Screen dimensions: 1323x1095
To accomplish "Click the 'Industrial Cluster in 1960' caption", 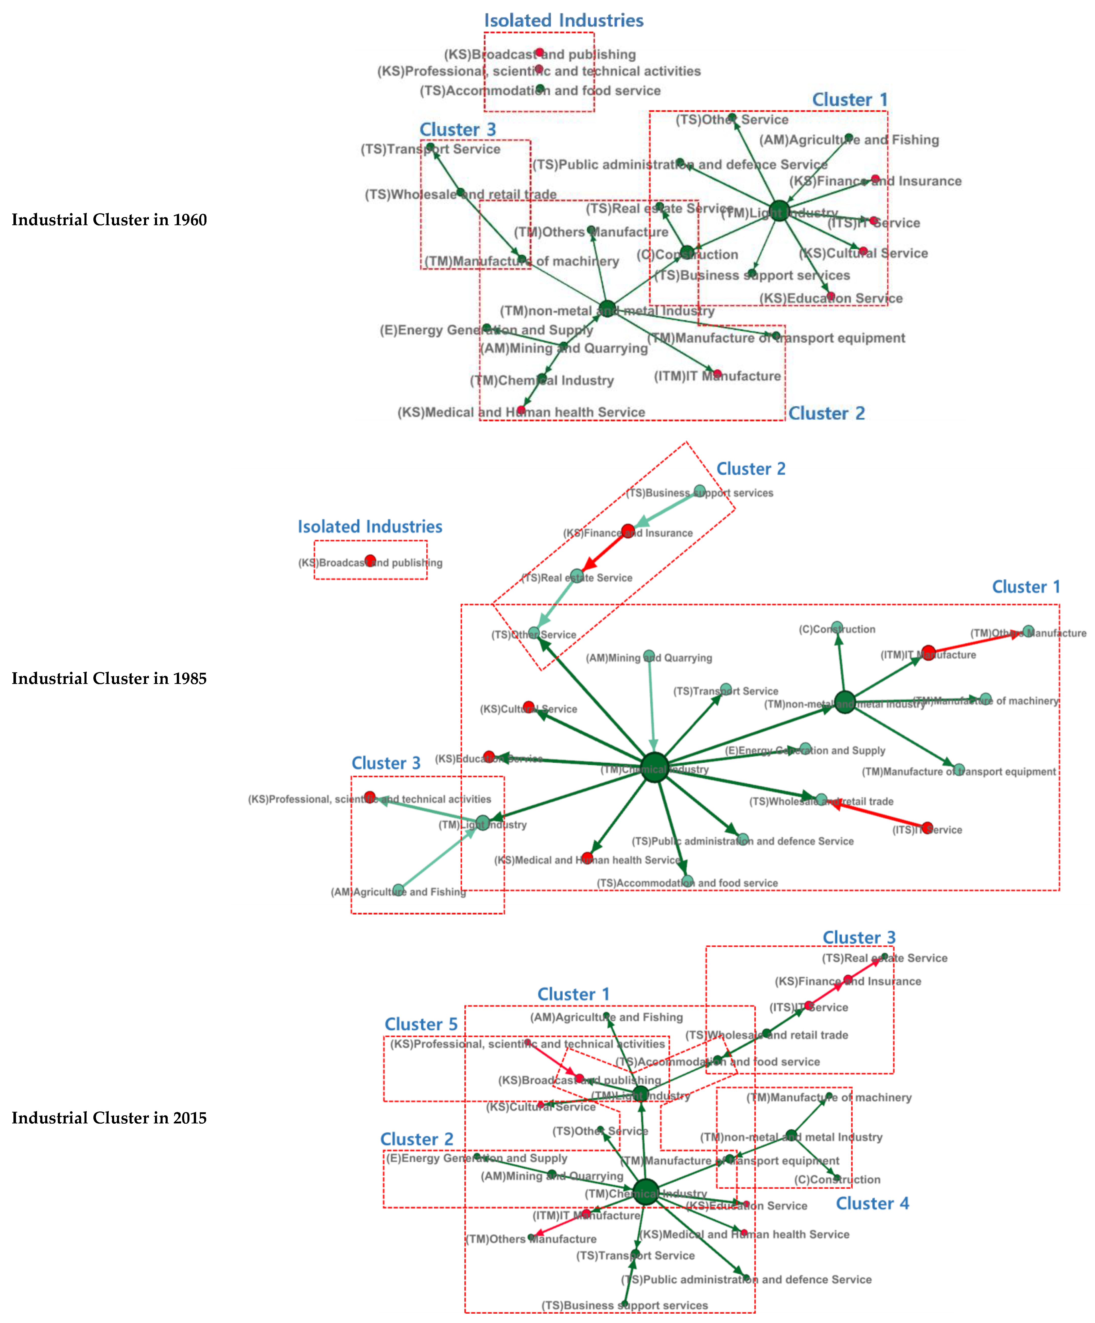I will tap(109, 220).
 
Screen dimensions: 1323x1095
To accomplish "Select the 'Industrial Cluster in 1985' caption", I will tap(109, 679).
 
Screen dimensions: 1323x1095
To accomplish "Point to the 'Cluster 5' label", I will tap(421, 1024).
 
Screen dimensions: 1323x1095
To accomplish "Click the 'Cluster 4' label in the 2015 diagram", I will tap(872, 1203).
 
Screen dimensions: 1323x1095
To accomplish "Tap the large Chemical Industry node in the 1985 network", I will tap(655, 767).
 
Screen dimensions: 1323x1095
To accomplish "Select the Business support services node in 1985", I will tap(699, 491).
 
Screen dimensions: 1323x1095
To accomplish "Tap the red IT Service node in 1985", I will tap(927, 827).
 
